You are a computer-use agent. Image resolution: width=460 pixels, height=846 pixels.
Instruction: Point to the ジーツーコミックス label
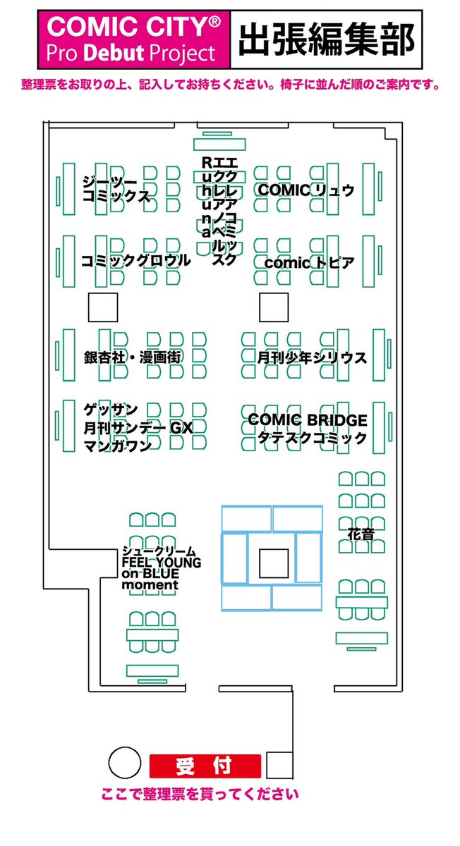(x=116, y=189)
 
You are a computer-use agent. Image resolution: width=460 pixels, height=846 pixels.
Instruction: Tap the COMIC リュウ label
(x=305, y=190)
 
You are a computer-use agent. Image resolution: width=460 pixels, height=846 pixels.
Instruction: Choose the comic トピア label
(x=308, y=262)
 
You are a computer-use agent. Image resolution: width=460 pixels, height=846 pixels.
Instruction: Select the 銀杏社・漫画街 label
(x=133, y=358)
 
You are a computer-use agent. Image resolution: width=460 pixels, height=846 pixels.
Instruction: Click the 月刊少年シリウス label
(x=311, y=358)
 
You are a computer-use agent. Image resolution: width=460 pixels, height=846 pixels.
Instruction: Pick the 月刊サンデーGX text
(x=138, y=427)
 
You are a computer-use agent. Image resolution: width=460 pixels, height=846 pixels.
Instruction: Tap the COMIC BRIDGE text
(x=308, y=420)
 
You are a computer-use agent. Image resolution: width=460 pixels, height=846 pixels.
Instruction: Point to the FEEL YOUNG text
(x=162, y=563)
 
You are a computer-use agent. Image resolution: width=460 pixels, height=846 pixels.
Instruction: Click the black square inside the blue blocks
(x=272, y=562)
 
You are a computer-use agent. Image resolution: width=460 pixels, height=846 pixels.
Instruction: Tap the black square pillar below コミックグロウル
(x=102, y=307)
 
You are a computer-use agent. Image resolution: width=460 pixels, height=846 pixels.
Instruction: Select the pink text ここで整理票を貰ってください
(x=200, y=795)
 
